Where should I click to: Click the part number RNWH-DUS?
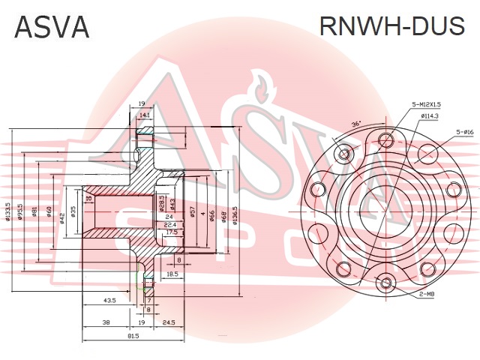tap(391, 26)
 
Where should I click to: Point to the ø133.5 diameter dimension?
tap(8, 212)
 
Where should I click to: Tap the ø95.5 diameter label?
tap(22, 212)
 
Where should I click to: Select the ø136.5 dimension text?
tap(235, 212)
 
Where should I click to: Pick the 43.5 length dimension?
tap(109, 300)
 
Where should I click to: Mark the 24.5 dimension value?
tap(168, 322)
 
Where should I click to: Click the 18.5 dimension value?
tap(172, 274)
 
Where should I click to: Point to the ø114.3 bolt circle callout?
tap(429, 116)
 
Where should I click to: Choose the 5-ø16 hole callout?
tap(464, 132)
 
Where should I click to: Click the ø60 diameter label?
tap(49, 212)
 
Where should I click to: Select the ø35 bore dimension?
tap(73, 212)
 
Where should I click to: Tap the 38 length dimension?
tap(106, 322)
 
